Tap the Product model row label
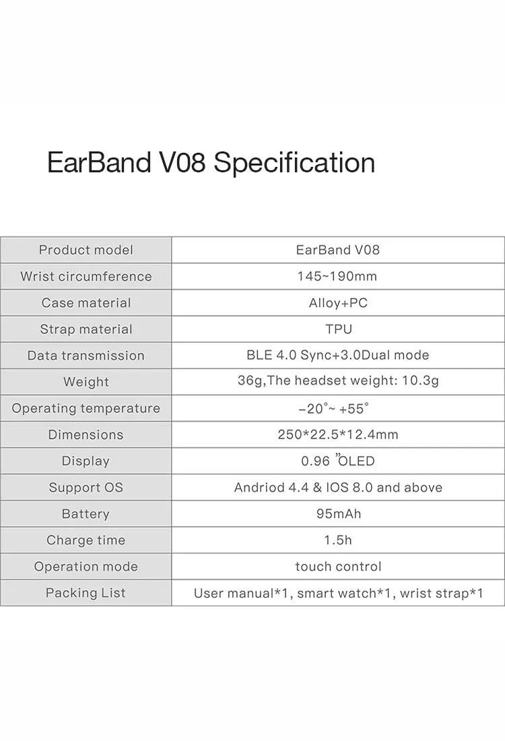click(x=86, y=250)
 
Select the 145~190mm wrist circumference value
click(x=337, y=276)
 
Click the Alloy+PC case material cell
click(x=338, y=303)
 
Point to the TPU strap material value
click(x=339, y=329)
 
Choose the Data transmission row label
click(x=86, y=356)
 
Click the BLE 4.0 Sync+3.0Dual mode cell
click(x=338, y=355)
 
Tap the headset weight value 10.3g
click(x=420, y=381)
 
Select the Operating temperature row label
click(x=86, y=408)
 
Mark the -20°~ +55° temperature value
click(x=333, y=408)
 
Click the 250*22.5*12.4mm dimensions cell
click(x=338, y=434)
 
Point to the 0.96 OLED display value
click(x=338, y=461)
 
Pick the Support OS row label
click(x=86, y=487)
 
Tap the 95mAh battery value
click(x=339, y=514)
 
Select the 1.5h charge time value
click(x=338, y=540)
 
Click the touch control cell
click(x=338, y=566)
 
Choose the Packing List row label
click(x=86, y=593)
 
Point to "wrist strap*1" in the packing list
click(x=442, y=593)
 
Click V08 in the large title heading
click(x=183, y=163)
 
